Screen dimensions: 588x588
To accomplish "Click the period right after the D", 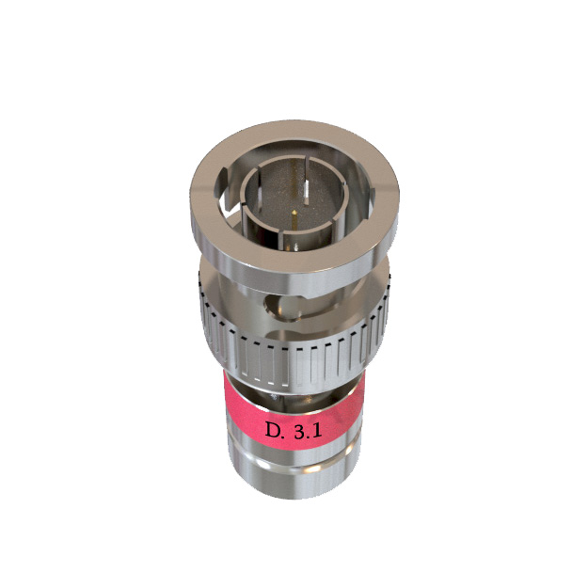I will pyautogui.click(x=287, y=434).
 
